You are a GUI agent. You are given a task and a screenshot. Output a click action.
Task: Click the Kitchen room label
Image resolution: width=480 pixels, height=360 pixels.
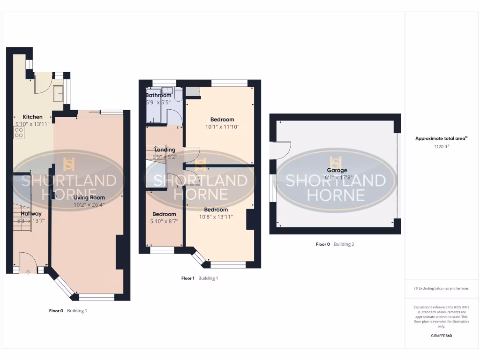click(33, 117)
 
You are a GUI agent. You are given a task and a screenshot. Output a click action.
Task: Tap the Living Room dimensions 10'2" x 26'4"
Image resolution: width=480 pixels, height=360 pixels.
click(89, 204)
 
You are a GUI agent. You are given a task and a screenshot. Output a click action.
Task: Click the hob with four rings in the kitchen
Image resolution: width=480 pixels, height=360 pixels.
click(19, 133)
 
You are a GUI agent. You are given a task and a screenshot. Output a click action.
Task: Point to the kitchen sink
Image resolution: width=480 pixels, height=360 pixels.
click(59, 93)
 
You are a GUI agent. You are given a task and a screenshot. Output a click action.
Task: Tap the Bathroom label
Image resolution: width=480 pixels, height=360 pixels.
click(158, 95)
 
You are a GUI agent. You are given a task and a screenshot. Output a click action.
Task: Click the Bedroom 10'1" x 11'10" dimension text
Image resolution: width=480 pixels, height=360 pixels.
click(222, 127)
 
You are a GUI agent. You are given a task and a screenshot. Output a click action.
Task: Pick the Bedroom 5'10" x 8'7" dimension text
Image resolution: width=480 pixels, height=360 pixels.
click(164, 221)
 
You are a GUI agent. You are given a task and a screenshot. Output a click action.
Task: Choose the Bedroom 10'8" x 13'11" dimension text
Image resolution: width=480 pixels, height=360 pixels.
click(216, 217)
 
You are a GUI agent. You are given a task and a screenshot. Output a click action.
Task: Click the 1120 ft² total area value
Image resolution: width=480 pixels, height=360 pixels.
click(441, 147)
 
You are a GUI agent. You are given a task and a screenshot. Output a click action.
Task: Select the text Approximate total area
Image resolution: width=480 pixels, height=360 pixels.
click(441, 138)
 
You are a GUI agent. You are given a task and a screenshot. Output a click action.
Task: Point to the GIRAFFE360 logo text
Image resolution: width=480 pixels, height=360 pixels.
click(441, 336)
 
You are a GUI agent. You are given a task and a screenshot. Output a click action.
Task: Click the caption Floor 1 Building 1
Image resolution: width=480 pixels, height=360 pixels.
click(200, 278)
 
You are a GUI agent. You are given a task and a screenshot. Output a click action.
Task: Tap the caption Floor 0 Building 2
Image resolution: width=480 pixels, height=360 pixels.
click(335, 244)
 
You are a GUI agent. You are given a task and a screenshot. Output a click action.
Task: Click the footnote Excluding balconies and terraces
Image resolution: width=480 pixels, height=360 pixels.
click(441, 288)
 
